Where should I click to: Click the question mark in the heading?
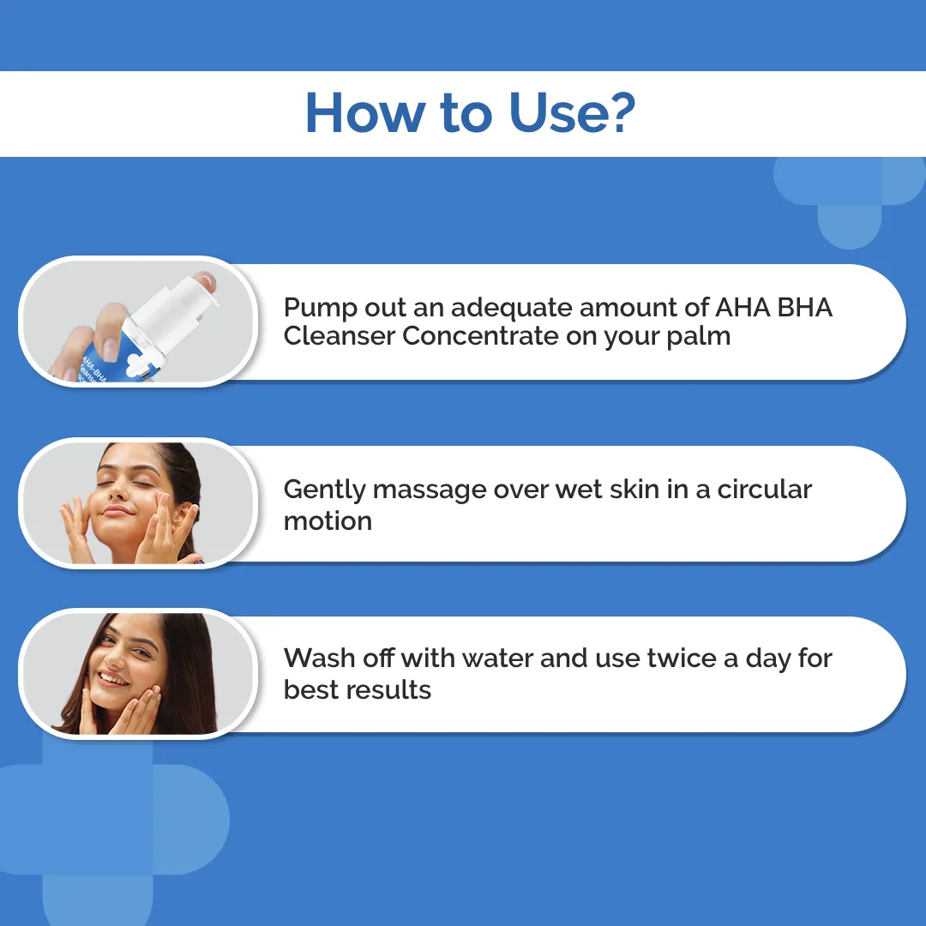(620, 112)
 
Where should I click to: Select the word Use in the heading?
(556, 112)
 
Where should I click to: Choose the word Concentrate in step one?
(481, 336)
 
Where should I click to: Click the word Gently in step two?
(324, 490)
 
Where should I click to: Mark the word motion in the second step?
(328, 521)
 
